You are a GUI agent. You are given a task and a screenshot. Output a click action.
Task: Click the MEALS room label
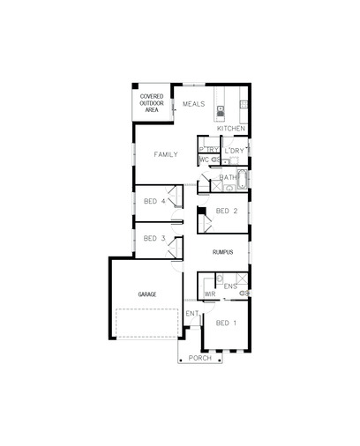click(193, 104)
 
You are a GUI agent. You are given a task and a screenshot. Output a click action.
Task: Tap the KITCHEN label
click(231, 129)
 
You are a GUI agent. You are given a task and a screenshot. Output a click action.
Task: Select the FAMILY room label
click(166, 154)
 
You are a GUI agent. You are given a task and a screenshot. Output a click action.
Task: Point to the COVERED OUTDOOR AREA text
click(152, 103)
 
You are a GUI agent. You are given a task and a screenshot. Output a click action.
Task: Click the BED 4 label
click(154, 201)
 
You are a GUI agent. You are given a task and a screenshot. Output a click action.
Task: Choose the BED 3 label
click(154, 238)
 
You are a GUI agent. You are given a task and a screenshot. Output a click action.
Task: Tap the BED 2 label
click(227, 211)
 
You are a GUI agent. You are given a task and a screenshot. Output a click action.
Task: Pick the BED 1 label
click(226, 323)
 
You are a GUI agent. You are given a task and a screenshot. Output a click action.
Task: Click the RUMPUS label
click(222, 252)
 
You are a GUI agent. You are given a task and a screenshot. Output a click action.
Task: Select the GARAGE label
click(147, 294)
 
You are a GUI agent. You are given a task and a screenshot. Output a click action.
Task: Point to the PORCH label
click(200, 358)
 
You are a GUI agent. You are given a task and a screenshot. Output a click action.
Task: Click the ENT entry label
click(192, 314)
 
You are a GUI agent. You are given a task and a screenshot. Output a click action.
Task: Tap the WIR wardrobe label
click(210, 294)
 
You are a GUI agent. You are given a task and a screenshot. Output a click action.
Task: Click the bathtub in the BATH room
click(243, 179)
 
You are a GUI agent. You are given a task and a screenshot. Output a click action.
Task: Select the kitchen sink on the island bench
click(220, 111)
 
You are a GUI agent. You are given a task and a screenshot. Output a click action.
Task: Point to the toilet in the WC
click(216, 160)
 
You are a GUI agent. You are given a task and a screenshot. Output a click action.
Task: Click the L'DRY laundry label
click(235, 151)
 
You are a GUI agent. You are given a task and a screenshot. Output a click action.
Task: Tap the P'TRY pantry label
click(209, 150)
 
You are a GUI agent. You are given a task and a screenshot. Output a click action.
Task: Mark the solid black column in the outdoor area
click(135, 86)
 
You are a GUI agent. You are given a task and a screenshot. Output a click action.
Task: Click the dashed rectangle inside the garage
click(146, 323)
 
